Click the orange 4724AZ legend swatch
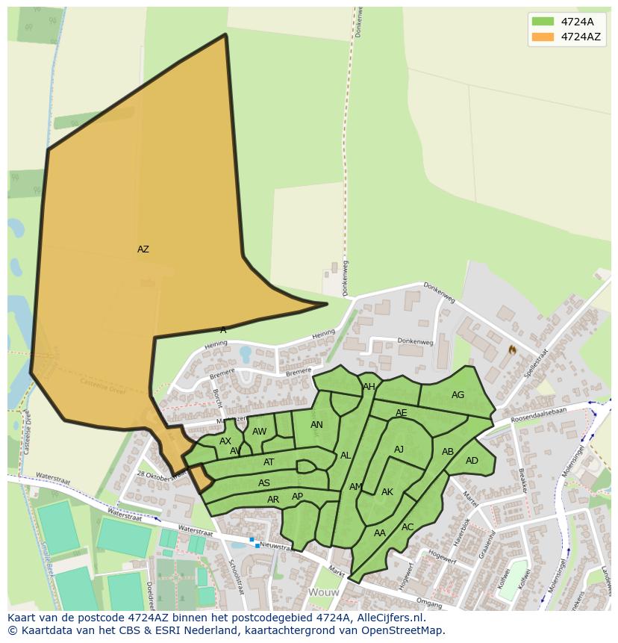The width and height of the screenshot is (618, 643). click(x=543, y=36)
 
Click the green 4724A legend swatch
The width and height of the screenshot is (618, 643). click(x=543, y=21)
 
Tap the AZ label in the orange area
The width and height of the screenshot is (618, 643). click(x=143, y=249)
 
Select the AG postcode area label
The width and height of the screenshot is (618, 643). click(x=458, y=395)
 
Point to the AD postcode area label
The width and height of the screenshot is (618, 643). click(x=472, y=461)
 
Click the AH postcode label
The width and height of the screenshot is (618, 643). click(x=369, y=387)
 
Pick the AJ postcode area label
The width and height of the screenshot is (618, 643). click(x=399, y=450)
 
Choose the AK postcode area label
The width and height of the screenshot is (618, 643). click(x=387, y=492)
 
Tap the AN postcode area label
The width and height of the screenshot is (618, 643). click(x=316, y=425)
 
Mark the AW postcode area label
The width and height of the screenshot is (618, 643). click(x=259, y=432)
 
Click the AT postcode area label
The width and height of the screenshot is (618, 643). click(x=269, y=462)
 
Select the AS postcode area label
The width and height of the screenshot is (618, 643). click(x=264, y=483)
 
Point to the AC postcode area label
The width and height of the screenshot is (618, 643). click(x=408, y=526)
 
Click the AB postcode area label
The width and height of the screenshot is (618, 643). click(x=448, y=452)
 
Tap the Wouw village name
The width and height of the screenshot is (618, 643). click(x=324, y=592)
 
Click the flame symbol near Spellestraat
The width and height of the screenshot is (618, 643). click(x=512, y=349)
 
